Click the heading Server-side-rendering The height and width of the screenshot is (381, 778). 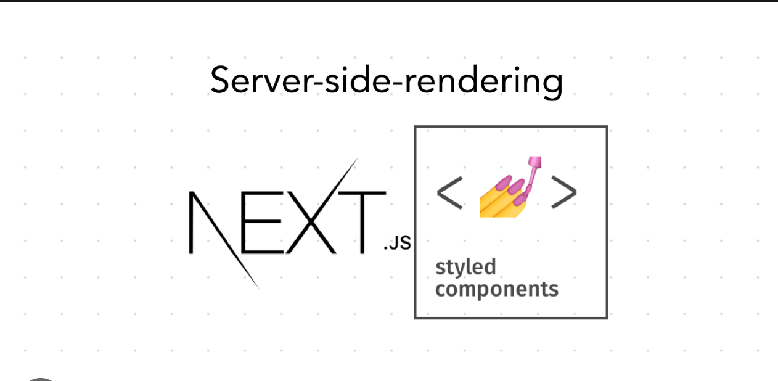(386, 81)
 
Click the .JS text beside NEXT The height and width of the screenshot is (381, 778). (398, 243)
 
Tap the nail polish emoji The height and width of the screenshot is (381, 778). (510, 187)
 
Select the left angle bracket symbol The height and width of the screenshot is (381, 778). (449, 193)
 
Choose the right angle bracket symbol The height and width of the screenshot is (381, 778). (564, 192)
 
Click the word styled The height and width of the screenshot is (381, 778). (466, 267)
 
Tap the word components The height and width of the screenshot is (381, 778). (497, 289)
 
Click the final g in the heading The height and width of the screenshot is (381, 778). (552, 84)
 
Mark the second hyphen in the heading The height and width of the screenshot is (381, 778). (399, 84)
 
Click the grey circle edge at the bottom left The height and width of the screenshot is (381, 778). (40, 379)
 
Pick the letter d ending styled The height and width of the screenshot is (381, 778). (489, 267)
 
